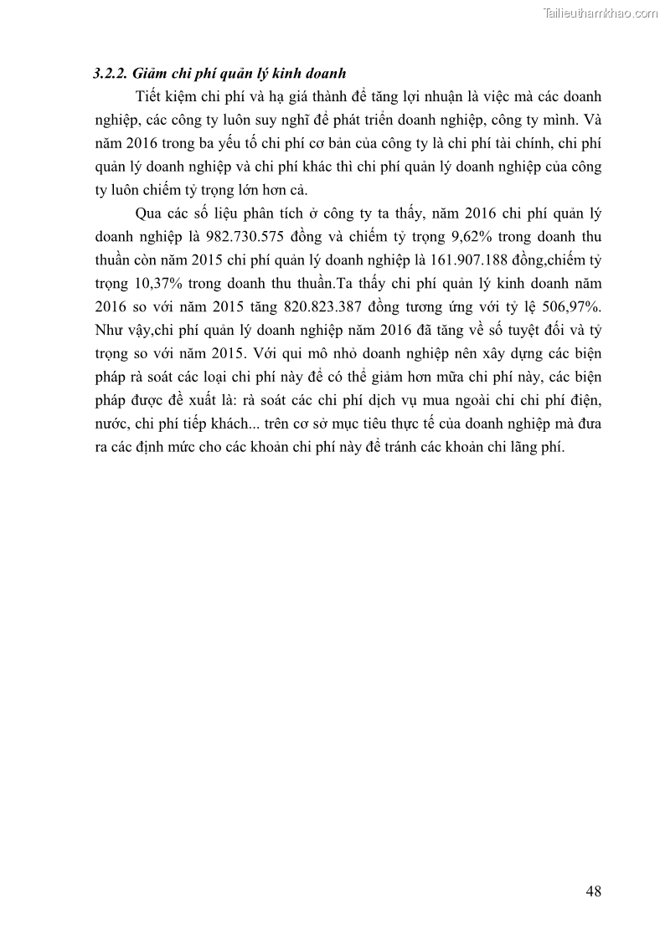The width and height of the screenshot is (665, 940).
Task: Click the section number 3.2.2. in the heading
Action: point(111,74)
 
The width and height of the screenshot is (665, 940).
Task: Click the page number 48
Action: point(593,890)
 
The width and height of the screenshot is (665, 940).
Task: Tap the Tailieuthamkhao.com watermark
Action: point(601,13)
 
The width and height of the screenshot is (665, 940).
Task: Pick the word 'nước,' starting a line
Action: point(111,424)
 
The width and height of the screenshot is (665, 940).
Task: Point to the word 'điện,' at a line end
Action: point(584,400)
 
